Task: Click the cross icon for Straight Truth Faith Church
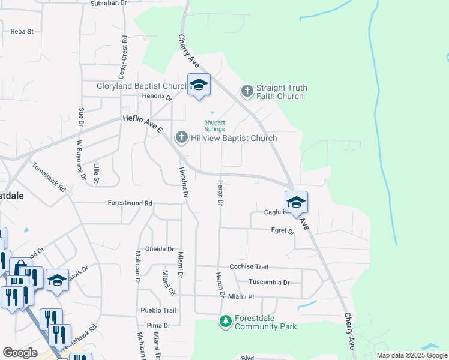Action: (x=247, y=91)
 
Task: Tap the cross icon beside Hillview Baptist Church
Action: (x=181, y=138)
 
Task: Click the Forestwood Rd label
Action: (x=130, y=203)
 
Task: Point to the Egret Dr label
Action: (x=283, y=230)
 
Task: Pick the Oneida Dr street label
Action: (x=160, y=249)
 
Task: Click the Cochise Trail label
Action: (x=249, y=266)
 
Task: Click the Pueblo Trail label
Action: (x=158, y=310)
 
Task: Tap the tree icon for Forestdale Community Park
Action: (x=226, y=322)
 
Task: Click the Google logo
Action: (x=20, y=353)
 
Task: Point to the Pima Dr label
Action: (x=159, y=325)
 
